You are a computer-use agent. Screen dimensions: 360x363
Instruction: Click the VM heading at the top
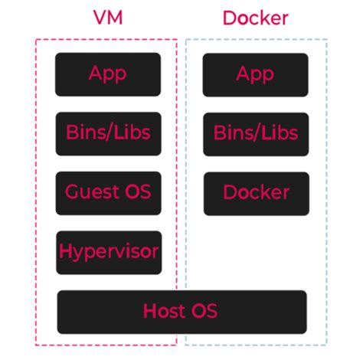(106, 18)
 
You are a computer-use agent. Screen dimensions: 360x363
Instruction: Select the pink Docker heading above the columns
(255, 18)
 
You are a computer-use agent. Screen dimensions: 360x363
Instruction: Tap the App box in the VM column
(107, 74)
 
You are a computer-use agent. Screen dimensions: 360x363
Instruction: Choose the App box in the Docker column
(255, 74)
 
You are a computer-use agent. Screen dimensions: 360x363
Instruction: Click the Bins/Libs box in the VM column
(107, 133)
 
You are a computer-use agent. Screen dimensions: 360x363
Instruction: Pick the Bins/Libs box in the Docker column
(255, 133)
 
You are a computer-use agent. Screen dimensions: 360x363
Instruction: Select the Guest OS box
(107, 192)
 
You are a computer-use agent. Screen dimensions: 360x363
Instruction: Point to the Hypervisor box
(108, 251)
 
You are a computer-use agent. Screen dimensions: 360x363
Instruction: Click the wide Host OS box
(181, 311)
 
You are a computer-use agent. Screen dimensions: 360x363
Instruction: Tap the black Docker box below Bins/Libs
(256, 192)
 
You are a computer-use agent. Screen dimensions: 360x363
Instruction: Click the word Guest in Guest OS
(91, 192)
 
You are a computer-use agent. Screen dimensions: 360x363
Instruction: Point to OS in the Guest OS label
(136, 192)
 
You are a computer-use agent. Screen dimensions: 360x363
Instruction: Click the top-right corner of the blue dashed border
(327, 40)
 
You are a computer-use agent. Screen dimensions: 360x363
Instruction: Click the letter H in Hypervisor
(65, 250)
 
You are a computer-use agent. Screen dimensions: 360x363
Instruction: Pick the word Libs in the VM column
(132, 133)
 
